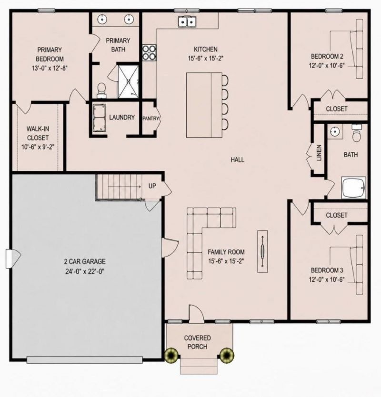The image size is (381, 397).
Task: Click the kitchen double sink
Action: pyautogui.click(x=187, y=22)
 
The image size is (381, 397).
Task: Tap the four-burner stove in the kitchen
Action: pyautogui.click(x=149, y=53)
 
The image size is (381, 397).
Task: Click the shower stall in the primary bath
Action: pyautogui.click(x=129, y=81)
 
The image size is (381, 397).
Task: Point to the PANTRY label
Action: pyautogui.click(x=150, y=118)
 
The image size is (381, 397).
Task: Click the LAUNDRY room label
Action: pyautogui.click(x=122, y=118)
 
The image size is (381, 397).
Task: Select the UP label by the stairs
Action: pyautogui.click(x=152, y=186)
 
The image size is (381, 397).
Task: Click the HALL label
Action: pyautogui.click(x=237, y=160)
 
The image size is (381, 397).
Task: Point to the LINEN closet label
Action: pyautogui.click(x=319, y=153)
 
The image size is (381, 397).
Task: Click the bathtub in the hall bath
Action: pyautogui.click(x=354, y=188)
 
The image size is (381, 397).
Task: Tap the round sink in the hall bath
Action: pyautogui.click(x=335, y=131)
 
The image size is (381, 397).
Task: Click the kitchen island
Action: pyautogui.click(x=204, y=105)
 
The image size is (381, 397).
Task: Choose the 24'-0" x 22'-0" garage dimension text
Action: pyautogui.click(x=85, y=271)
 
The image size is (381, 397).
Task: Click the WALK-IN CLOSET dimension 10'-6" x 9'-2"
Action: pyautogui.click(x=38, y=147)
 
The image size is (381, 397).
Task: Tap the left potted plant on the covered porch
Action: pyautogui.click(x=171, y=355)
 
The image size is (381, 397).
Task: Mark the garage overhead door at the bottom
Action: pyautogui.click(x=85, y=360)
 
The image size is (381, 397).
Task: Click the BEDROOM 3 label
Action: pyautogui.click(x=327, y=270)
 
